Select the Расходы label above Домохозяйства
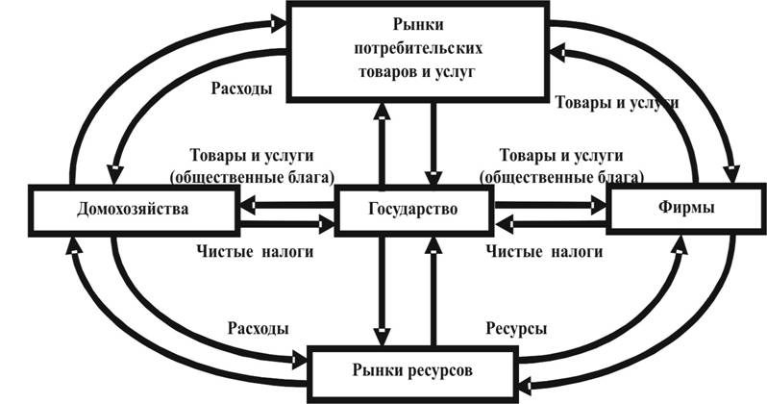(x=239, y=88)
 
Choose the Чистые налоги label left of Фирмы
(x=544, y=252)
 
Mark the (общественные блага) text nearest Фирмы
(x=558, y=176)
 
